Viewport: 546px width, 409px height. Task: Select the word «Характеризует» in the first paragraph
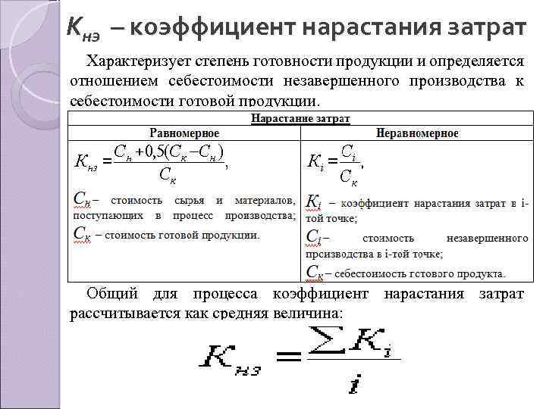coord(136,61)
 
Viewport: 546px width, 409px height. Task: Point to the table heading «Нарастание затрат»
coord(301,119)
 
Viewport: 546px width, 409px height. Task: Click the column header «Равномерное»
coord(184,133)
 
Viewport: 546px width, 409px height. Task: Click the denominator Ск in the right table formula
coord(349,178)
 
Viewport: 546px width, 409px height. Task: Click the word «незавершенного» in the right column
coord(488,239)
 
